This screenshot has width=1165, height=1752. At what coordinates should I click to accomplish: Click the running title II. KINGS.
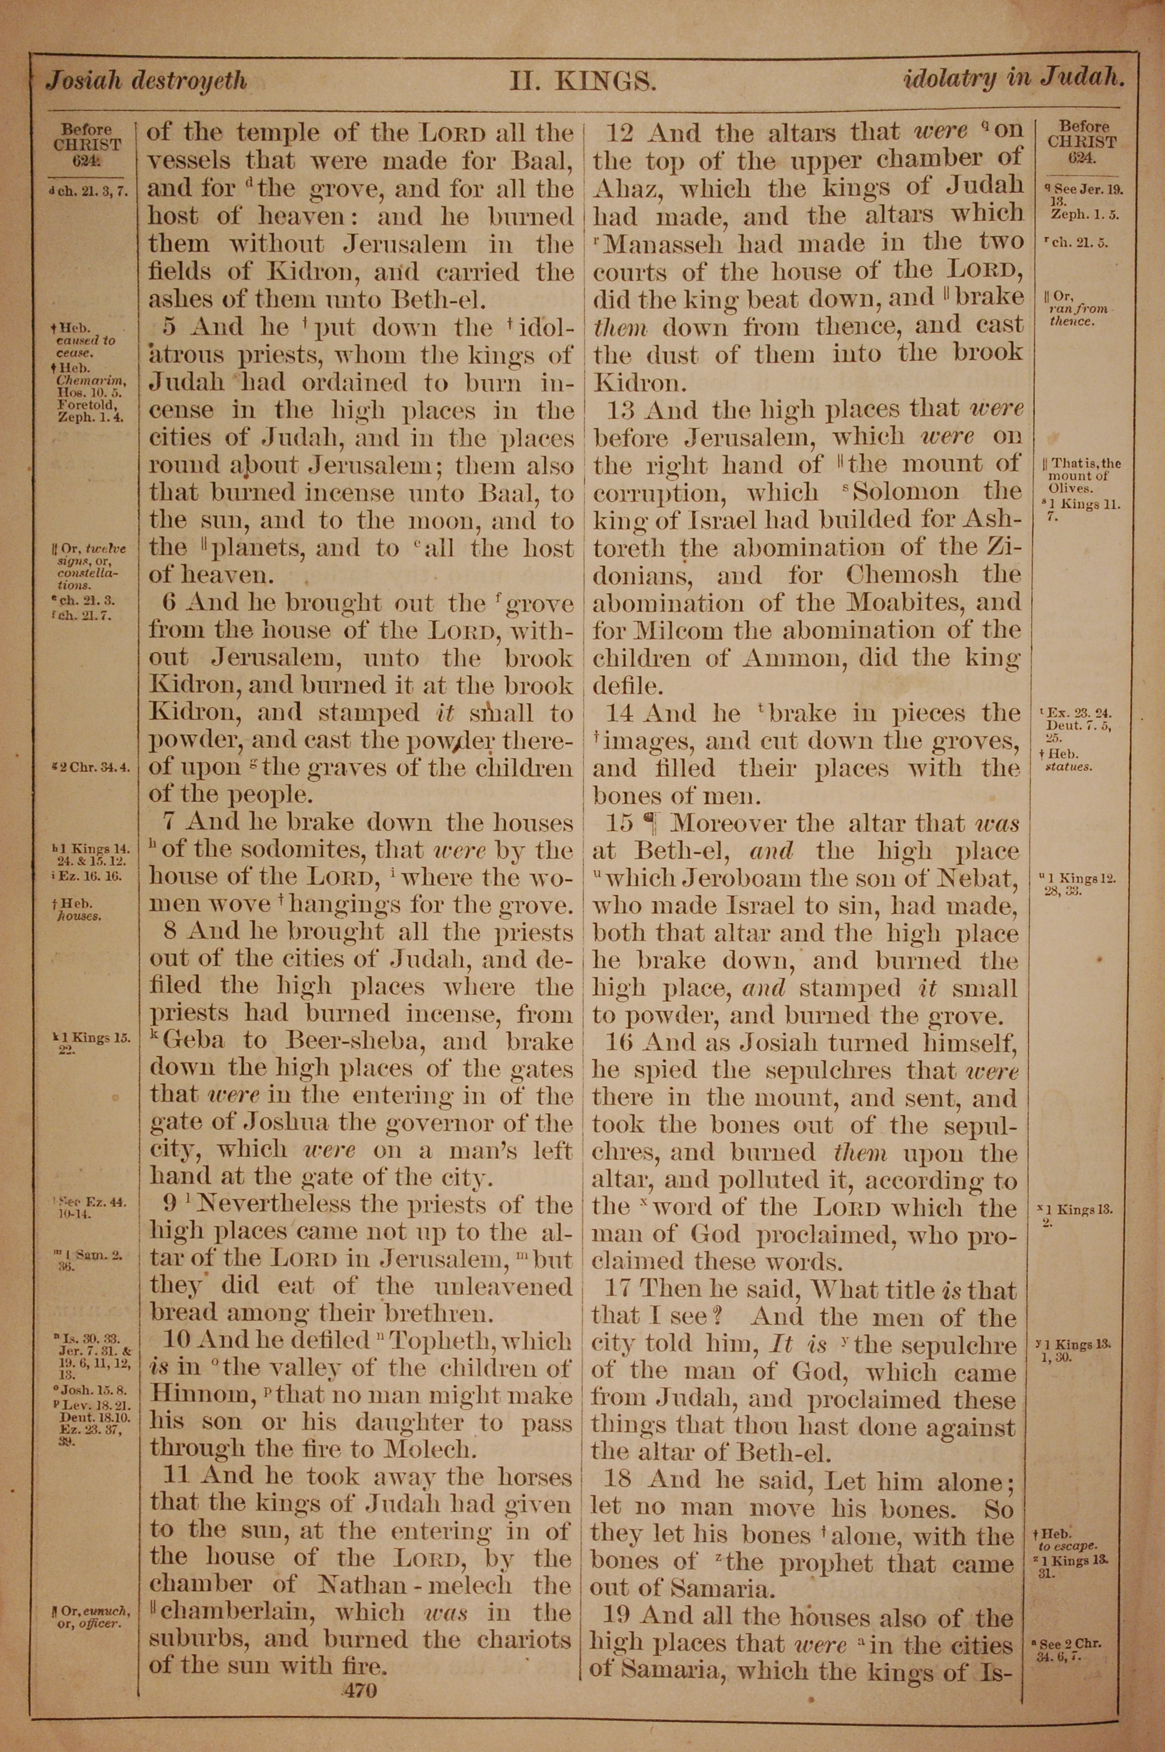pos(582,80)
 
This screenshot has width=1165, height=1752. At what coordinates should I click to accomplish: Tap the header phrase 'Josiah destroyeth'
pos(146,80)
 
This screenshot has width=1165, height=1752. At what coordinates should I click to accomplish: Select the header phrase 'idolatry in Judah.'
pos(1013,79)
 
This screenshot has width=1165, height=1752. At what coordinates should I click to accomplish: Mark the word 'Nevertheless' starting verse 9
pos(249,1204)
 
